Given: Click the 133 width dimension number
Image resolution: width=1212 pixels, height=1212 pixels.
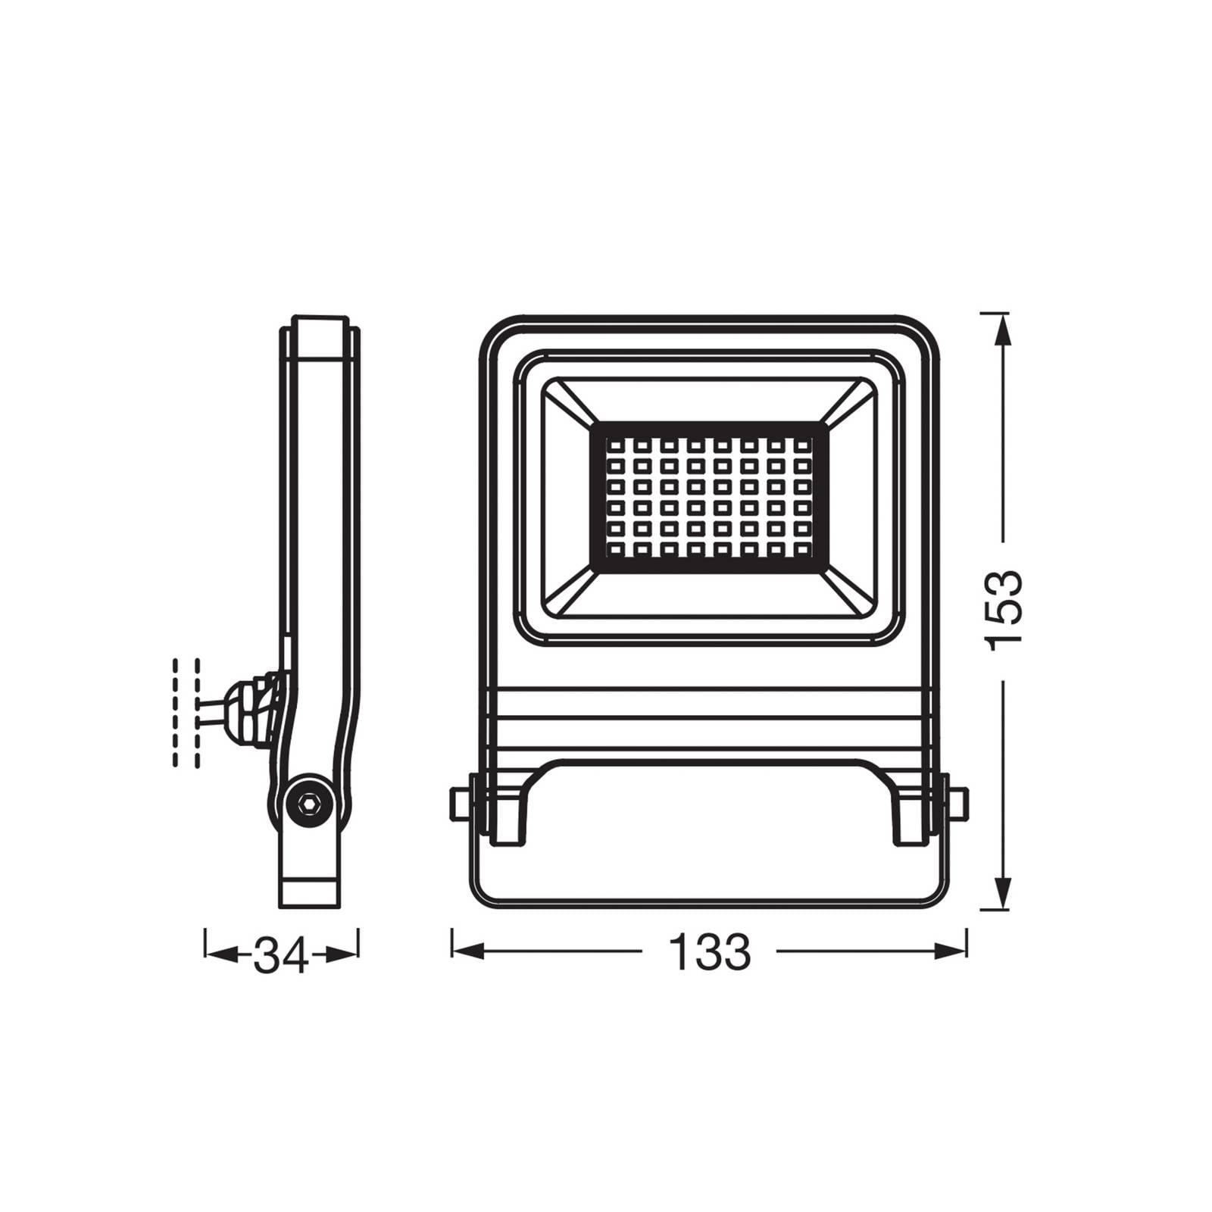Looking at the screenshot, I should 710,952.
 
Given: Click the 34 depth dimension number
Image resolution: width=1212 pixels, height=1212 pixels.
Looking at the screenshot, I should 281,955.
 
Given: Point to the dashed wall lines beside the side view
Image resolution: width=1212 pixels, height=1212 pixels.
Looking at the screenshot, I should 186,712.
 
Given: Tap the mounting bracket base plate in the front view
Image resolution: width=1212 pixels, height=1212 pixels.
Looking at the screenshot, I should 708,871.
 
